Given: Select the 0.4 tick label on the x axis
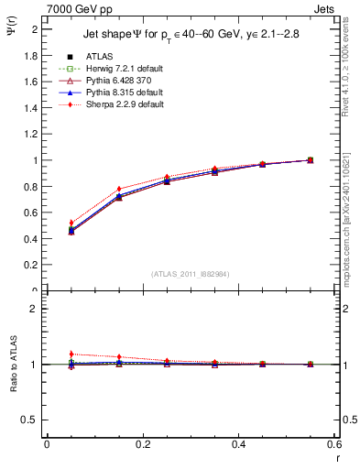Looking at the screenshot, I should pos(238,443).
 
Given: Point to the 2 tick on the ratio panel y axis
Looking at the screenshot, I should pos(37,309).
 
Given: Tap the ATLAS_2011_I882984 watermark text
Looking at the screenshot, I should pos(191,273).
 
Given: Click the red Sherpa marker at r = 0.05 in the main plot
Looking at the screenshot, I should pos(71,223).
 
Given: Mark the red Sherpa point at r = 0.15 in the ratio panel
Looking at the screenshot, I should pos(119,356).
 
